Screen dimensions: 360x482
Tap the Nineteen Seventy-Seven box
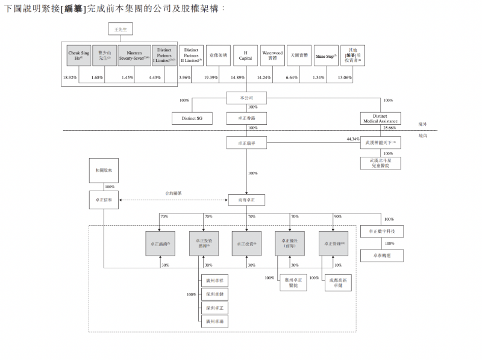134,55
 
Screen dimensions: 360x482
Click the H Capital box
245,55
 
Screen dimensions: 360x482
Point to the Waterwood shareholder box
272,55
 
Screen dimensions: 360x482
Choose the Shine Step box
326,55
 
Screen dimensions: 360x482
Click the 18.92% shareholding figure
70,78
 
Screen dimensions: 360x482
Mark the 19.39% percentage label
211,78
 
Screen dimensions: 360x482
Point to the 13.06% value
345,78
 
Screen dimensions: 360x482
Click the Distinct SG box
192,119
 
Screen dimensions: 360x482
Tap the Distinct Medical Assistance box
380,119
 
